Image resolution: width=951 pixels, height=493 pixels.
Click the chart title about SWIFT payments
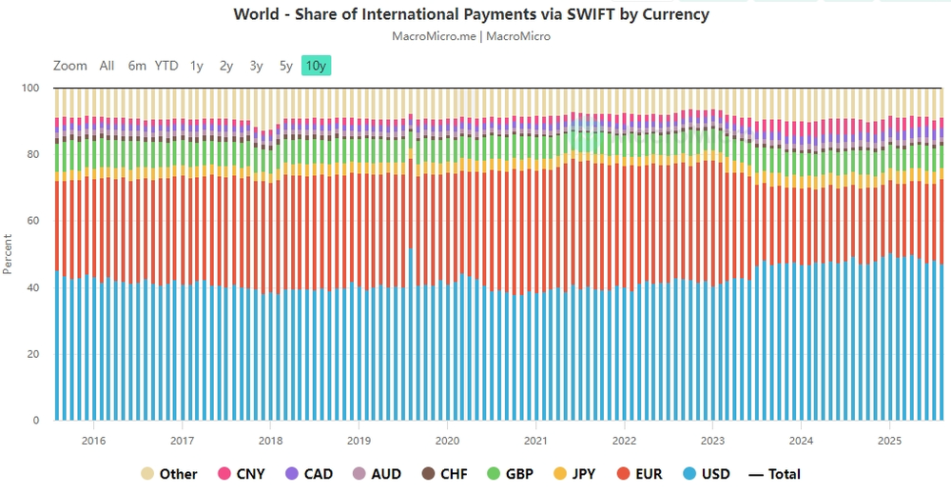click(x=472, y=15)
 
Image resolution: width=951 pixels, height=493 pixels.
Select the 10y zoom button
click(x=316, y=66)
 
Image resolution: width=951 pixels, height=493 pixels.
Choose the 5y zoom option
click(x=286, y=66)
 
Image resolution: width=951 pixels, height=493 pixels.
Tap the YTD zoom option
click(x=166, y=66)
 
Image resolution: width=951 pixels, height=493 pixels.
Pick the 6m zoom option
click(x=137, y=66)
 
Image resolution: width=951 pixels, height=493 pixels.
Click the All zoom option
click(x=107, y=66)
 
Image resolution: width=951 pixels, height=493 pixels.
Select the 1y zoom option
click(x=197, y=66)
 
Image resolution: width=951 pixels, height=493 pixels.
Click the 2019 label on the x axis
click(x=359, y=441)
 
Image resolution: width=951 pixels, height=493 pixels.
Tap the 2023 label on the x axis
click(x=713, y=441)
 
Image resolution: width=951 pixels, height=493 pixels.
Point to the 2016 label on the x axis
click(x=93, y=441)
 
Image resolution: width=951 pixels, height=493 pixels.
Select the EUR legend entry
click(x=637, y=474)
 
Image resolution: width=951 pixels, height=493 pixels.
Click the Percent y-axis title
click(x=9, y=254)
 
